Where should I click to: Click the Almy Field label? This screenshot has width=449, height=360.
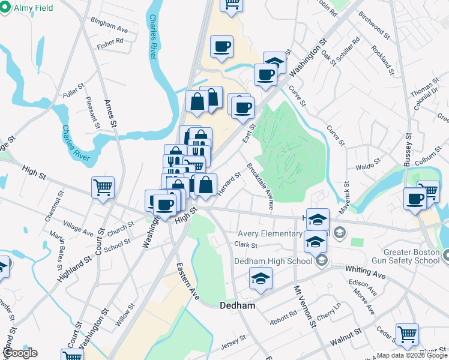coord(34,8)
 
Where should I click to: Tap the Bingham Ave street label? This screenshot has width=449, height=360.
coord(109,29)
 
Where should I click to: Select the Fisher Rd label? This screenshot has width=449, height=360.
coord(110,42)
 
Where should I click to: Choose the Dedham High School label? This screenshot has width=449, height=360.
coord(273,260)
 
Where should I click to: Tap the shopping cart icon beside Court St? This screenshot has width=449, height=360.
coord(103,187)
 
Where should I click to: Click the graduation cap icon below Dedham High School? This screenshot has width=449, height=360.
coord(261,278)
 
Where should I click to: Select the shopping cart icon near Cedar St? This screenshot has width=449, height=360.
coord(407,334)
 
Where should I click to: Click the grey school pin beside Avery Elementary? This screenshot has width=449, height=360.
coord(339,232)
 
